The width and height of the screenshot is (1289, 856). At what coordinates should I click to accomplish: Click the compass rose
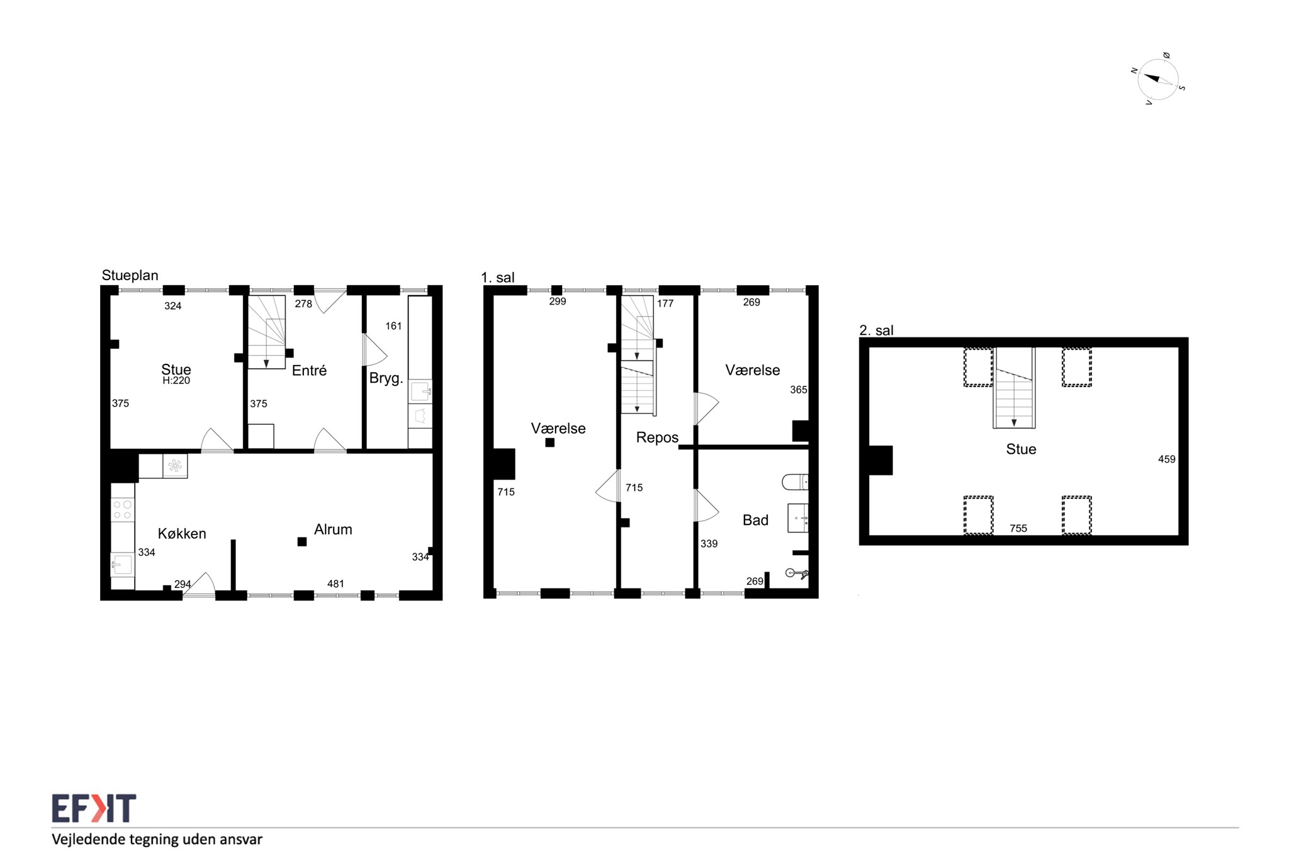click(1157, 80)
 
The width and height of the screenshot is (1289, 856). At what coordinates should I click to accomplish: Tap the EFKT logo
click(94, 808)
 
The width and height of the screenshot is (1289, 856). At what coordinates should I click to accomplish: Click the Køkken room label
click(182, 534)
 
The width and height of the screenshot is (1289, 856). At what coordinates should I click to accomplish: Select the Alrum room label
click(333, 529)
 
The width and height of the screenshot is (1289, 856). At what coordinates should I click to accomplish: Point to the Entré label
click(309, 371)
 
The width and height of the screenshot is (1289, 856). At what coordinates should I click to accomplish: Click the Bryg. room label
click(386, 379)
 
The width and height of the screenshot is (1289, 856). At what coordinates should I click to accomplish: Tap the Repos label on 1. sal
click(657, 438)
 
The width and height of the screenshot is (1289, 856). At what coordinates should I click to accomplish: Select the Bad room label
click(755, 521)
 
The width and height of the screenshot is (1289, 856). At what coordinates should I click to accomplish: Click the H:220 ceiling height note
click(176, 381)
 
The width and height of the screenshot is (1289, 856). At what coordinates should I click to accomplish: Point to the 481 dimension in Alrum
click(335, 584)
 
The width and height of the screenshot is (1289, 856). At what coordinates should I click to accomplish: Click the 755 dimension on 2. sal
click(1018, 529)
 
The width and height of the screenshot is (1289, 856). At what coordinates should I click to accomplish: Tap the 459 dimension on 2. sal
click(1166, 459)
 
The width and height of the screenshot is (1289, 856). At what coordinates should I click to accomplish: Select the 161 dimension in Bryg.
click(393, 326)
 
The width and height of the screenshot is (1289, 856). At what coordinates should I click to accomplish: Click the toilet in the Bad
click(795, 482)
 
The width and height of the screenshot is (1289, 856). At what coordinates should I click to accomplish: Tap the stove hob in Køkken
click(123, 510)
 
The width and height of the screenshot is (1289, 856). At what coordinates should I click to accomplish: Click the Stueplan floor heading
click(130, 275)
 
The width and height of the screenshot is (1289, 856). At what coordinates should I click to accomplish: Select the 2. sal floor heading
click(876, 330)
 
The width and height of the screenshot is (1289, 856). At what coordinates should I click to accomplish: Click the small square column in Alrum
click(302, 542)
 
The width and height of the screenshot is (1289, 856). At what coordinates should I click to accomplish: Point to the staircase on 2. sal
click(1014, 388)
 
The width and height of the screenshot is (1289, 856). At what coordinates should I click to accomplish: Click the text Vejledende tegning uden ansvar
click(157, 840)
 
